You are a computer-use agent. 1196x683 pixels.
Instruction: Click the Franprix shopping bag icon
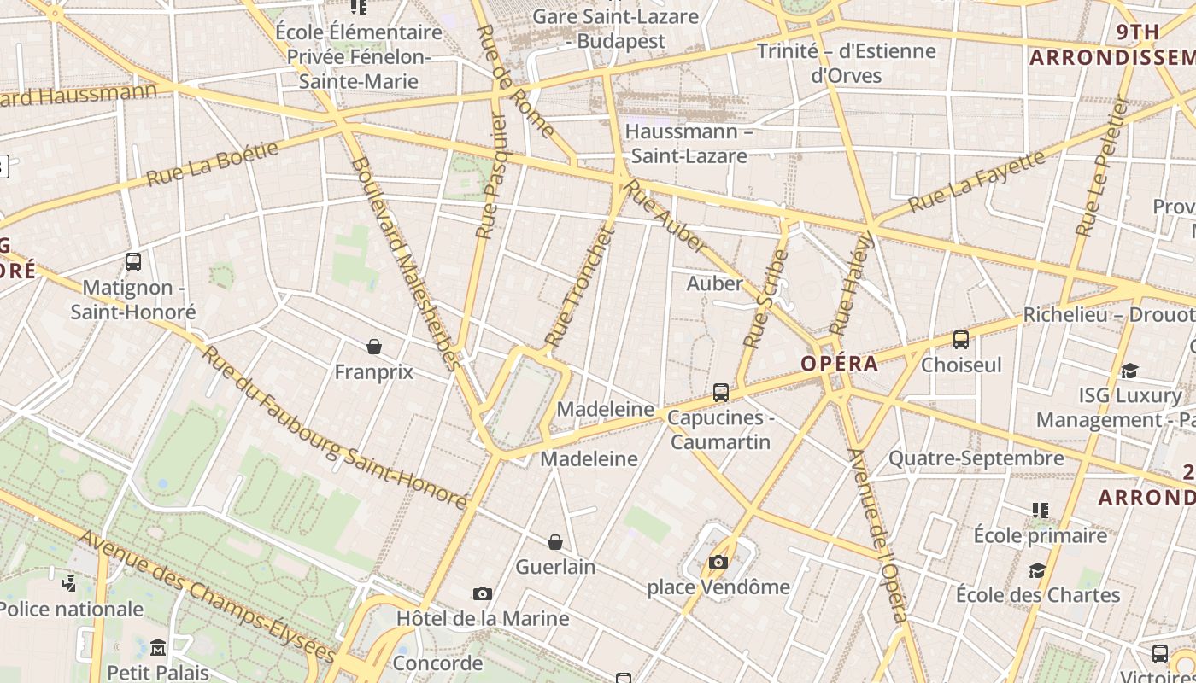tap(373, 347)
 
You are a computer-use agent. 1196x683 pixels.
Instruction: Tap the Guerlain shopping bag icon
tap(555, 542)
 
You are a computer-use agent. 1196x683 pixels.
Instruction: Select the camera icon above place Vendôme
tap(718, 562)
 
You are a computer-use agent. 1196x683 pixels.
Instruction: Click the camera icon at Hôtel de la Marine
tap(483, 593)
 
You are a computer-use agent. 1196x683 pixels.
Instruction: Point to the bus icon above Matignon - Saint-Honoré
tap(133, 262)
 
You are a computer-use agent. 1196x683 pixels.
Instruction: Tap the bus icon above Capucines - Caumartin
tap(721, 393)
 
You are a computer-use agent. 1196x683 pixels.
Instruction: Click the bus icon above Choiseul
tap(961, 340)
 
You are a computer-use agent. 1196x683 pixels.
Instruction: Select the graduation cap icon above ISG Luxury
tap(1129, 371)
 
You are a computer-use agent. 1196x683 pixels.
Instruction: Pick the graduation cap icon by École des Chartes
tap(1037, 569)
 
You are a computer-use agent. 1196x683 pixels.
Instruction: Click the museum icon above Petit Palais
tap(157, 647)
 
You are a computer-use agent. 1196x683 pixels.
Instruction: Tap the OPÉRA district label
tap(839, 364)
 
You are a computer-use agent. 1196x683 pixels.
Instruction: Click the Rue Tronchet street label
tap(580, 287)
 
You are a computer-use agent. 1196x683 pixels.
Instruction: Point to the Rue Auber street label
tap(666, 217)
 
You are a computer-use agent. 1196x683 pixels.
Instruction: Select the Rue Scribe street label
tap(765, 299)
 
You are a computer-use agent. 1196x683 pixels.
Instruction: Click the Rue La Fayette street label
tap(976, 182)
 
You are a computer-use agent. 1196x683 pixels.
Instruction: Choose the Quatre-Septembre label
tap(976, 458)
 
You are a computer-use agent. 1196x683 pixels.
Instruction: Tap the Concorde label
tap(438, 663)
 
